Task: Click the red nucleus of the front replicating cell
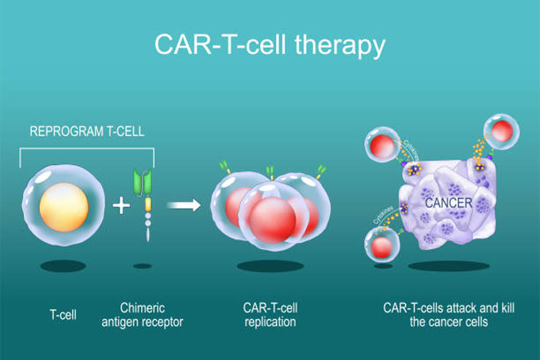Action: [270, 218]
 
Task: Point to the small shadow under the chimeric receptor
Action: [143, 266]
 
